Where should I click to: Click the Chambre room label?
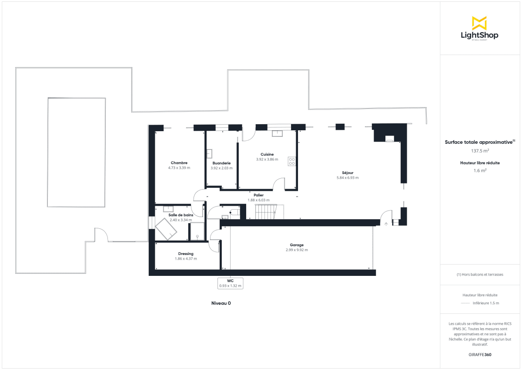click(x=179, y=163)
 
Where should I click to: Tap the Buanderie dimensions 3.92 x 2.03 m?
click(x=221, y=168)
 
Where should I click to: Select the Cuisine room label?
click(x=267, y=154)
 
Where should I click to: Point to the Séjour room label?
click(x=347, y=173)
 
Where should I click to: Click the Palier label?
click(x=259, y=195)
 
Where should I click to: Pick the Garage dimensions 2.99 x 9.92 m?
click(x=297, y=250)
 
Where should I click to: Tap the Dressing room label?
click(x=186, y=254)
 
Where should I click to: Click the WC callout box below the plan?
click(x=230, y=283)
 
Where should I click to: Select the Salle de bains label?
click(x=180, y=215)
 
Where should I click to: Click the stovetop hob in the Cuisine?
click(x=291, y=161)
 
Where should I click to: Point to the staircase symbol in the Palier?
click(x=265, y=212)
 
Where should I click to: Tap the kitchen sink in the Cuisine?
click(x=277, y=133)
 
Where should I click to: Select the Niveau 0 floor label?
click(x=221, y=303)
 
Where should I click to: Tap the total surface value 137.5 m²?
click(x=480, y=151)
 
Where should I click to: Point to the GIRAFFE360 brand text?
click(x=480, y=355)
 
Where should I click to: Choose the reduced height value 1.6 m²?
click(x=480, y=171)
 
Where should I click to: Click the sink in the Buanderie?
click(x=209, y=153)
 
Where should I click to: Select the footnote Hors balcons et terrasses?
click(x=480, y=275)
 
